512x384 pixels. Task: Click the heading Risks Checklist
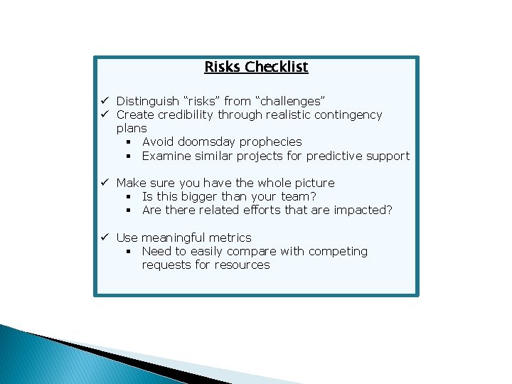coord(256,67)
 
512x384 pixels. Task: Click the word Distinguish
coord(147,101)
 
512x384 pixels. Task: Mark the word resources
coord(243,265)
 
